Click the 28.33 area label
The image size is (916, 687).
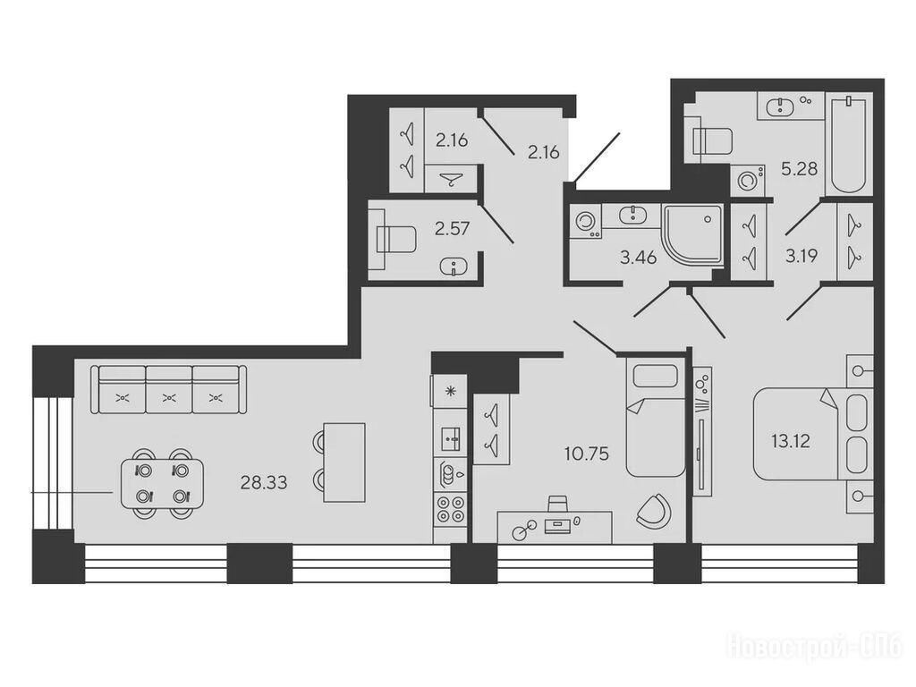pyautogui.click(x=264, y=482)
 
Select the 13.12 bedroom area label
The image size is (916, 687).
pyautogui.click(x=791, y=441)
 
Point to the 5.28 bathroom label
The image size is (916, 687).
pyautogui.click(x=799, y=169)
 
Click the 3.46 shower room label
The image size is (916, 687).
pyautogui.click(x=639, y=257)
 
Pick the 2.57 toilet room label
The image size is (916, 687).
pyautogui.click(x=452, y=228)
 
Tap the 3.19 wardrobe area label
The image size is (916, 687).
pyautogui.click(x=801, y=256)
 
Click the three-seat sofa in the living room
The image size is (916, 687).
pyautogui.click(x=169, y=390)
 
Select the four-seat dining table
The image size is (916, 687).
pyautogui.click(x=163, y=483)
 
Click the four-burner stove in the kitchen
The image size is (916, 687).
pyautogui.click(x=450, y=508)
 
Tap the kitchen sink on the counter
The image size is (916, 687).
pyautogui.click(x=450, y=438)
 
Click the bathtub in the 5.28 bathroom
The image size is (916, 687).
pyautogui.click(x=848, y=145)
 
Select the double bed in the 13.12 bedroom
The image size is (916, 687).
pyautogui.click(x=813, y=435)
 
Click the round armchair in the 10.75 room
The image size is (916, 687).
pyautogui.click(x=653, y=509)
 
